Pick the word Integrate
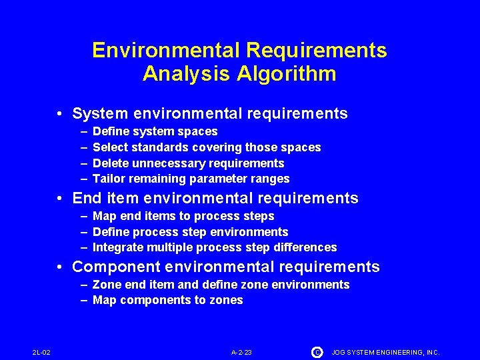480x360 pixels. click(119, 248)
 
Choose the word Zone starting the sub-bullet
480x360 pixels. click(107, 285)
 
